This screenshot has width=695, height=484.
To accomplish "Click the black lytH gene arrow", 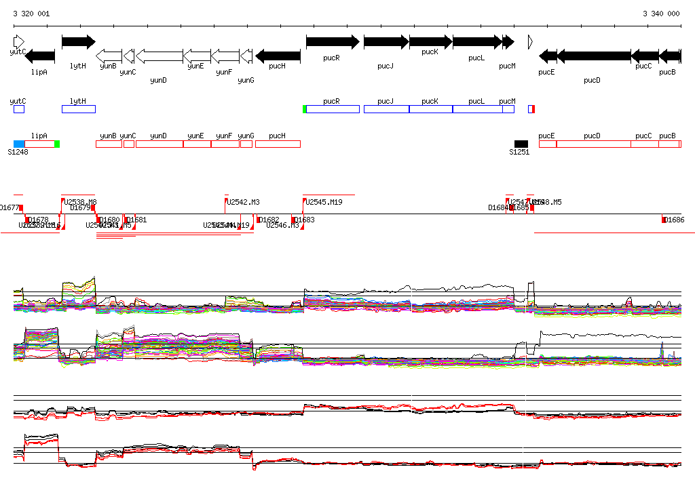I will (x=79, y=42).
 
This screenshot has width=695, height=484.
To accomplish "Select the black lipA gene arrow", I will (x=39, y=56).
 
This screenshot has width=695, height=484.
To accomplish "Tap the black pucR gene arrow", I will (x=333, y=42).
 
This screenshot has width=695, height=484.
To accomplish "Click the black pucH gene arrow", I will (x=278, y=56).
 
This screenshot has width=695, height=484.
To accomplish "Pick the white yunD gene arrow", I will (x=159, y=56).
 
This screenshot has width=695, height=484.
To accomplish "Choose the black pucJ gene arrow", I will (x=386, y=42).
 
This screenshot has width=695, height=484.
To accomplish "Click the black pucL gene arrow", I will (x=477, y=42).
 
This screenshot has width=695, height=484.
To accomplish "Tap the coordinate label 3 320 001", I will (x=31, y=14).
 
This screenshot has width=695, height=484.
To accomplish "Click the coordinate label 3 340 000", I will (x=661, y=14).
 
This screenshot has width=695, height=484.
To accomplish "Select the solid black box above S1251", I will (x=521, y=144).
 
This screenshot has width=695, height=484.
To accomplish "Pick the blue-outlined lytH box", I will (x=79, y=109).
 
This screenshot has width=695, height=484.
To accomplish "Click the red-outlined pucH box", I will (x=278, y=144).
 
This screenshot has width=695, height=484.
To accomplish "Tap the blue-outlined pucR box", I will (x=333, y=109).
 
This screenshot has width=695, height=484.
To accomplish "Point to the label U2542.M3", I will (x=244, y=202).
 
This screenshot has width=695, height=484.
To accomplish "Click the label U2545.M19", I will (x=324, y=202).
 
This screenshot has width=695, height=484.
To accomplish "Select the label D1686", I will (x=674, y=220).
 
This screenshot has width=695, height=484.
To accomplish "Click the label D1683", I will (x=304, y=220).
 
